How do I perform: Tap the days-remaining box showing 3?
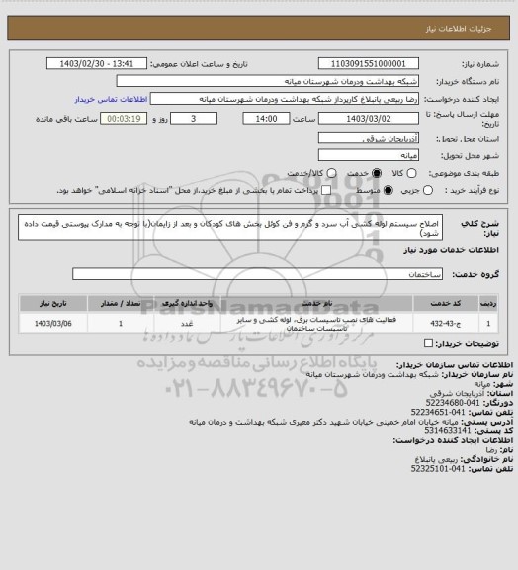click(191, 118)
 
